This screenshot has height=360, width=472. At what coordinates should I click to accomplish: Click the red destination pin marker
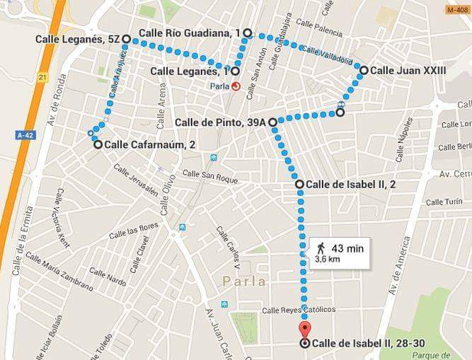click(304, 330)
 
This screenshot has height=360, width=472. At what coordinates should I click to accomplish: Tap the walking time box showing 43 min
click(339, 253)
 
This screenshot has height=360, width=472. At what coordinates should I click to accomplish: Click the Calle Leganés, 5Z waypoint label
click(77, 39)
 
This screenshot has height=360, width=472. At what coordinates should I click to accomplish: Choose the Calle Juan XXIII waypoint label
click(408, 70)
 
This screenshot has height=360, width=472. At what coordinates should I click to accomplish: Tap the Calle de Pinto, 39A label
click(220, 122)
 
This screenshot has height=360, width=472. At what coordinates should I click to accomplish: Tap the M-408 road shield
click(458, 10)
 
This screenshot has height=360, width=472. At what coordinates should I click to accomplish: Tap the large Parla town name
click(243, 281)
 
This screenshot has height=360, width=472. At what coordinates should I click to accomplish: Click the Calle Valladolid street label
click(326, 55)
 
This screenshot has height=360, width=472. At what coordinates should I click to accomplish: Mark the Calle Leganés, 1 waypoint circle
click(234, 71)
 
